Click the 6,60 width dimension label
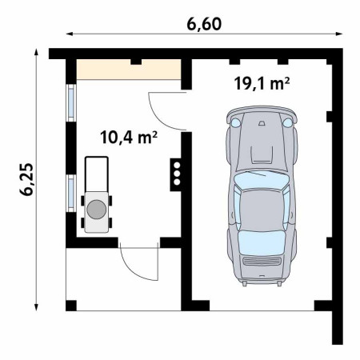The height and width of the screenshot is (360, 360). pos(204,24)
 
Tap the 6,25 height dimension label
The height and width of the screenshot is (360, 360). pos(26,179)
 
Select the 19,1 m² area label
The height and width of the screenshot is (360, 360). pos(262,83)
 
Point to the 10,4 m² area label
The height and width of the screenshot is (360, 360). pos(129,138)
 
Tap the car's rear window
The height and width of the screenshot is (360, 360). pos(262,242)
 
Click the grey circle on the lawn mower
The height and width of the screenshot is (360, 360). pos(97,210)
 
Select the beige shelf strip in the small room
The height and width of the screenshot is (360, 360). pos(129,70)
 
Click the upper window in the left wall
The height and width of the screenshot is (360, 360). pos(71,102)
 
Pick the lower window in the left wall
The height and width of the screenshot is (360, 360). pos(71,194)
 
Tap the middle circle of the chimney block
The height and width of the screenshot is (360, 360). pos(177,174)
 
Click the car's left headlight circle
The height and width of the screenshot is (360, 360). pos(235,122)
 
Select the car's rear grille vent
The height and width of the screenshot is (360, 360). pos(262,262)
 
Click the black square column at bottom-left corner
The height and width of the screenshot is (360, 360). pos(71,306)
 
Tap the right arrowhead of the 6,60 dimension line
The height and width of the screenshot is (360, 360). pos(339,34)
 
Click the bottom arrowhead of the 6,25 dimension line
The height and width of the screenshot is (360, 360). pos(36,307)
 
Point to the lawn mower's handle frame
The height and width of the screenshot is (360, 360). pos(97,174)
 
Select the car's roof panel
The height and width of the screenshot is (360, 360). pos(262,210)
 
